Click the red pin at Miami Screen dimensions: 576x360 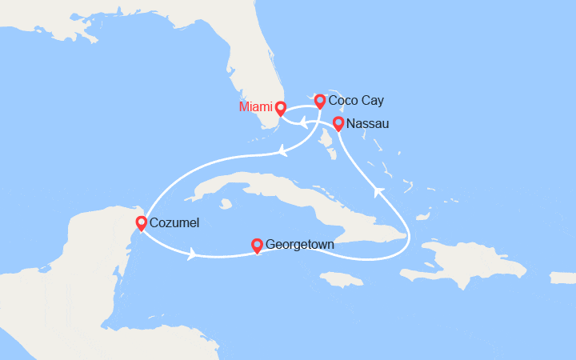pos(281,106)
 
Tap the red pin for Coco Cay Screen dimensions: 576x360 pos(320,100)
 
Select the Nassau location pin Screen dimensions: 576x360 pos(338,122)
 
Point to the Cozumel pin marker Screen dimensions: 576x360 pos(142,222)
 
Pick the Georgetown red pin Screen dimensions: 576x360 pos(257,244)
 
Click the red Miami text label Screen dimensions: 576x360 pos(255,107)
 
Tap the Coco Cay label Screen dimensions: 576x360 pos(356,101)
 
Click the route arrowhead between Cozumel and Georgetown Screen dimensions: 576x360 pos(192,255)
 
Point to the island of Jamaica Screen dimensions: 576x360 pos(340,279)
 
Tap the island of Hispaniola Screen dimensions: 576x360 pos(472,260)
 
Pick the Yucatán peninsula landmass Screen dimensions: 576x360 pos(88,232)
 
